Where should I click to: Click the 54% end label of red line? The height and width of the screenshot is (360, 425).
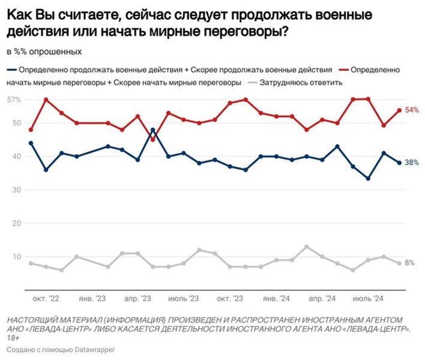(412, 110)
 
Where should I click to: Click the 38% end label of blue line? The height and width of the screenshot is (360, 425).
(412, 163)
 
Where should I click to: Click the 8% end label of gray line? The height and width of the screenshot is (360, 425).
(410, 263)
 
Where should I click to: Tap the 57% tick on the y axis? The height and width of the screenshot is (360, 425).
(14, 99)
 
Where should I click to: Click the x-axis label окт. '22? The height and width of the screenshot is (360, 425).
(46, 298)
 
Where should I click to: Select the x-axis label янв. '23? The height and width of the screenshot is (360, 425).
(92, 298)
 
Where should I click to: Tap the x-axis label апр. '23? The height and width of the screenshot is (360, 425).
(137, 298)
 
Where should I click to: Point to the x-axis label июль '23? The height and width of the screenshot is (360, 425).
(184, 298)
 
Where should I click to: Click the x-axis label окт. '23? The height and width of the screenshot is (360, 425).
(231, 298)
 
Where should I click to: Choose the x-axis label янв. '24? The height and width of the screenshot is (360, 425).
(276, 298)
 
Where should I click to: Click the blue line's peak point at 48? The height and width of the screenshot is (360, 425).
(152, 130)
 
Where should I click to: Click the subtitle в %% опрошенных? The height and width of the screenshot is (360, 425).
(44, 51)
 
